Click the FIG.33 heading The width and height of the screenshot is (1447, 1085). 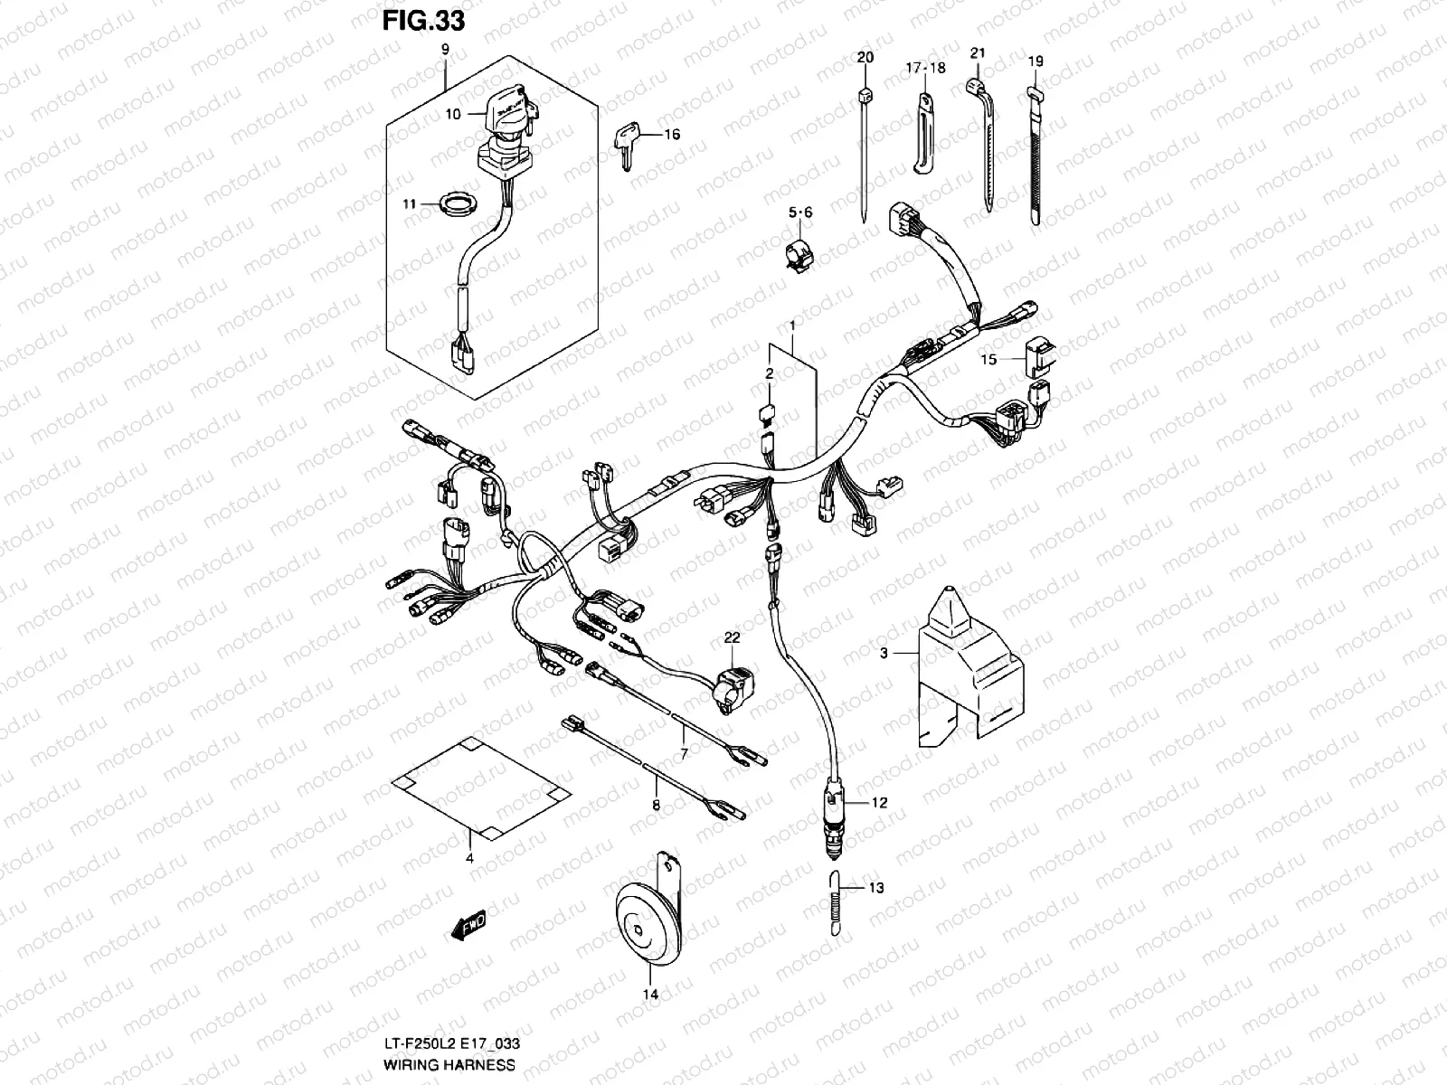(422, 20)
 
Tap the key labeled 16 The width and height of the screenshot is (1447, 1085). (628, 143)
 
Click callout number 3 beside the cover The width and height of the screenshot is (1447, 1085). (884, 652)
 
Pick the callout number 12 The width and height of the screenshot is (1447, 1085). (879, 802)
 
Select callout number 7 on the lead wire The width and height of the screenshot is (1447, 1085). (684, 752)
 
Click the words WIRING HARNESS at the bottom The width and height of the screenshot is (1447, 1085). (449, 1065)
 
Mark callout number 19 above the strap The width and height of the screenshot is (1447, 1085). (1036, 61)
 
